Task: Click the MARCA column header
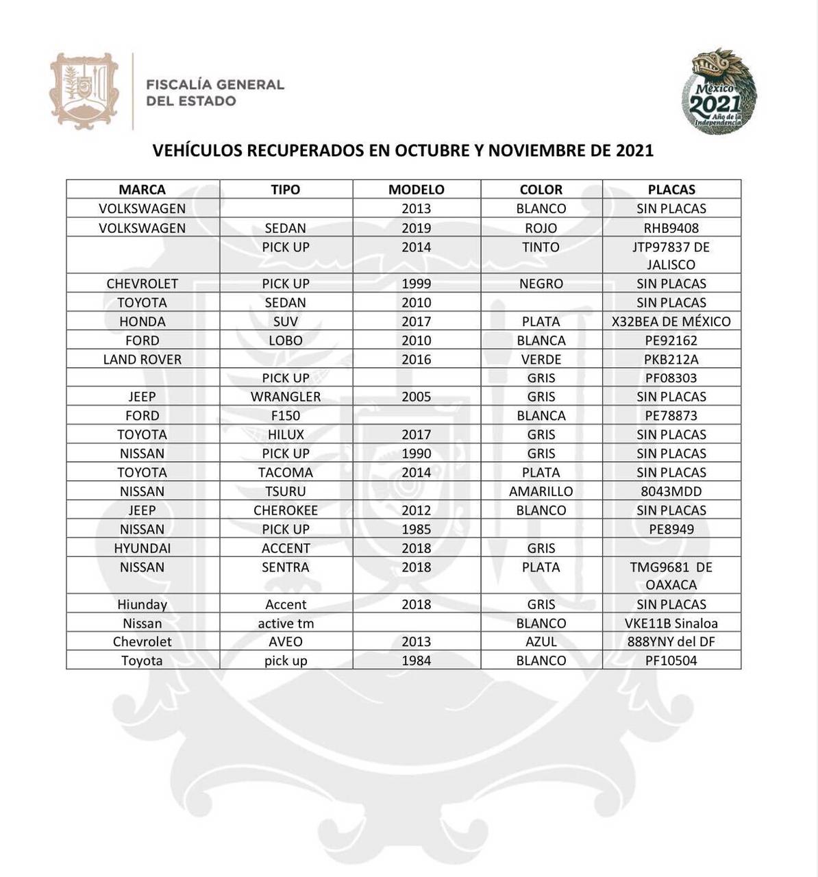coord(142,190)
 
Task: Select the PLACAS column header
coord(671,190)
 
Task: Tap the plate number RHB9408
coord(671,228)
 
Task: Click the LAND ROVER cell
coord(142,359)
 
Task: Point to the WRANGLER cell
coord(286,397)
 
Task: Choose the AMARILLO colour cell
coord(541,491)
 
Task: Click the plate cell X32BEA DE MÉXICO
coord(671,321)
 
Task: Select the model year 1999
coord(417,284)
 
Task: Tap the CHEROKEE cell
coord(286,510)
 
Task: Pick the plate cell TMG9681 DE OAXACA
coord(671,576)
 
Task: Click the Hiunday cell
coord(142,604)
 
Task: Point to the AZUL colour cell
coord(541,642)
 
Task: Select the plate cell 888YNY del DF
coord(671,642)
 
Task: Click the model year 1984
coord(417,660)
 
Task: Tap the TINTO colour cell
coord(541,247)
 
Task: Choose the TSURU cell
coord(286,491)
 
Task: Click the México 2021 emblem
coord(719,92)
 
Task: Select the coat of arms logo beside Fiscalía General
coord(84,91)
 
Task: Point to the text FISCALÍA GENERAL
coord(215,85)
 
